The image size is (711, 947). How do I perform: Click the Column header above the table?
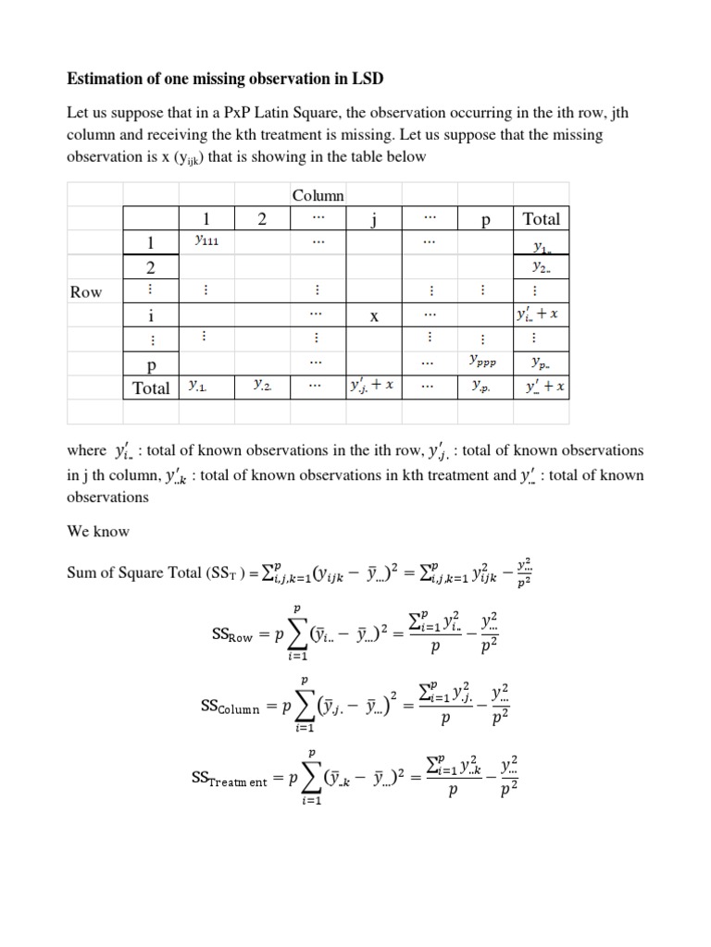pyautogui.click(x=318, y=195)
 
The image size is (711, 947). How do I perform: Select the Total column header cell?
pyautogui.click(x=541, y=219)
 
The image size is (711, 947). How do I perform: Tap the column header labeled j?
pyautogui.click(x=374, y=219)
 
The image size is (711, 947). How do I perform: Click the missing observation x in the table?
pyautogui.click(x=374, y=316)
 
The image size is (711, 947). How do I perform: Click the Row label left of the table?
pyautogui.click(x=86, y=292)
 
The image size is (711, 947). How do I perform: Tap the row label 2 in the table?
pyautogui.click(x=150, y=267)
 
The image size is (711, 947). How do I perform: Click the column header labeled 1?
pyautogui.click(x=206, y=219)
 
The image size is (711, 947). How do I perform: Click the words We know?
pyautogui.click(x=98, y=532)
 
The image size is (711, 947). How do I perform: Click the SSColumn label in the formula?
pyautogui.click(x=231, y=707)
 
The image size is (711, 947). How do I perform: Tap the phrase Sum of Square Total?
pyautogui.click(x=133, y=572)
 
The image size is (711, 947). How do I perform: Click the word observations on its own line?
pyautogui.click(x=107, y=497)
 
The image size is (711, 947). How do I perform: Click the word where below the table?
pyautogui.click(x=87, y=450)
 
